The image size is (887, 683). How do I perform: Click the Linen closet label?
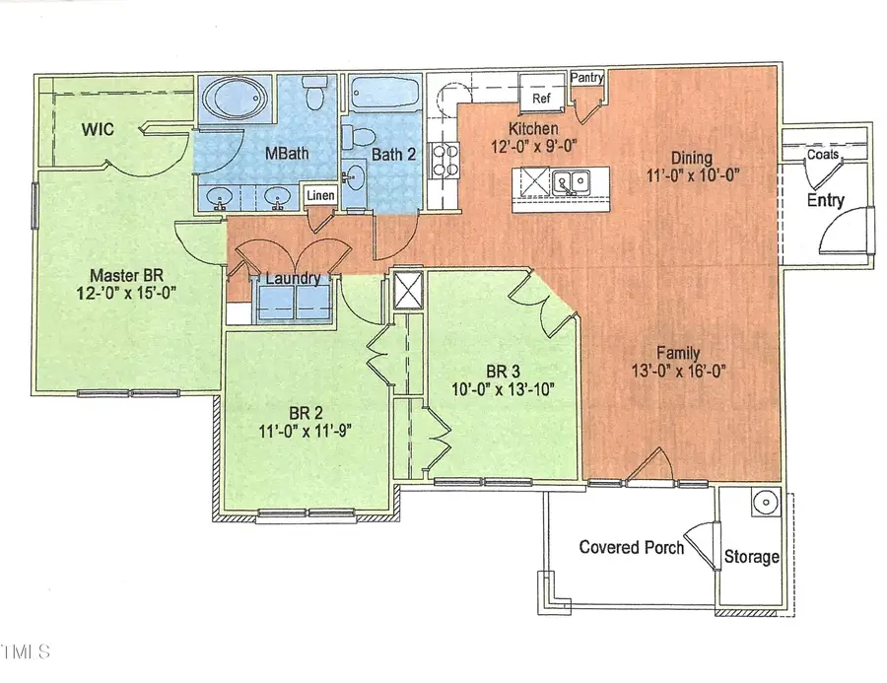(x=319, y=197)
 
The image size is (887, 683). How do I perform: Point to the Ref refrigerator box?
(x=541, y=99)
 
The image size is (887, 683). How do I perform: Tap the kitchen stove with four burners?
(x=443, y=163)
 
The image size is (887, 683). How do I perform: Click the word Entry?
(x=825, y=200)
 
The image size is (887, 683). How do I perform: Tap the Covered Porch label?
(x=631, y=547)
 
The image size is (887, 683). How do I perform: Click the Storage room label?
(x=752, y=557)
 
